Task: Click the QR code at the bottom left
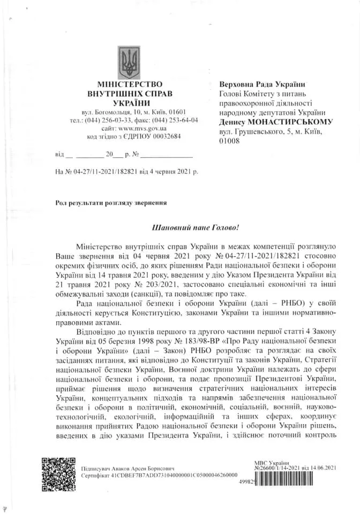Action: (58, 472)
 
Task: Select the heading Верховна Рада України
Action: (262, 84)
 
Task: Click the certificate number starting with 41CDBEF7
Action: (163, 475)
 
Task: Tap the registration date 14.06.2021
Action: (321, 468)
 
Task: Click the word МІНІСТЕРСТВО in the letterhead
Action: (130, 84)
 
